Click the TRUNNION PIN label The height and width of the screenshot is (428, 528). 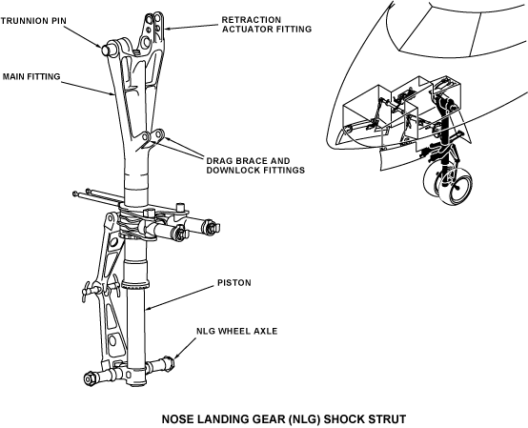pos(33,21)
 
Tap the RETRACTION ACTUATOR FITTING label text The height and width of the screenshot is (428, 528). pos(267,25)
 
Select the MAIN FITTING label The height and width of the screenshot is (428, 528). pos(31,77)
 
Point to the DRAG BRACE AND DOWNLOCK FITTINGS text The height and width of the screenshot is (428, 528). pos(255,165)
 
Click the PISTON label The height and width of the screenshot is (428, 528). pos(234,282)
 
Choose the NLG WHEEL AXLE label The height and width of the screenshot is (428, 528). pos(237,331)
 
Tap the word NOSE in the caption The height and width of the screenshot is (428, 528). pos(177,419)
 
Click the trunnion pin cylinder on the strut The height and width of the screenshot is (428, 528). pos(107,50)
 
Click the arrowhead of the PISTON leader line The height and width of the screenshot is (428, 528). pos(149,308)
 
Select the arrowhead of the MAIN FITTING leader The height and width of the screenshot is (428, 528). pos(113,94)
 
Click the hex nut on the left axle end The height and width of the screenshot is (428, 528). pos(90,378)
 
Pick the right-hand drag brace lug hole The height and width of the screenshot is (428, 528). pos(159,134)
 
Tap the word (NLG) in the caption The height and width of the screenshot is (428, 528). pos(306,419)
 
